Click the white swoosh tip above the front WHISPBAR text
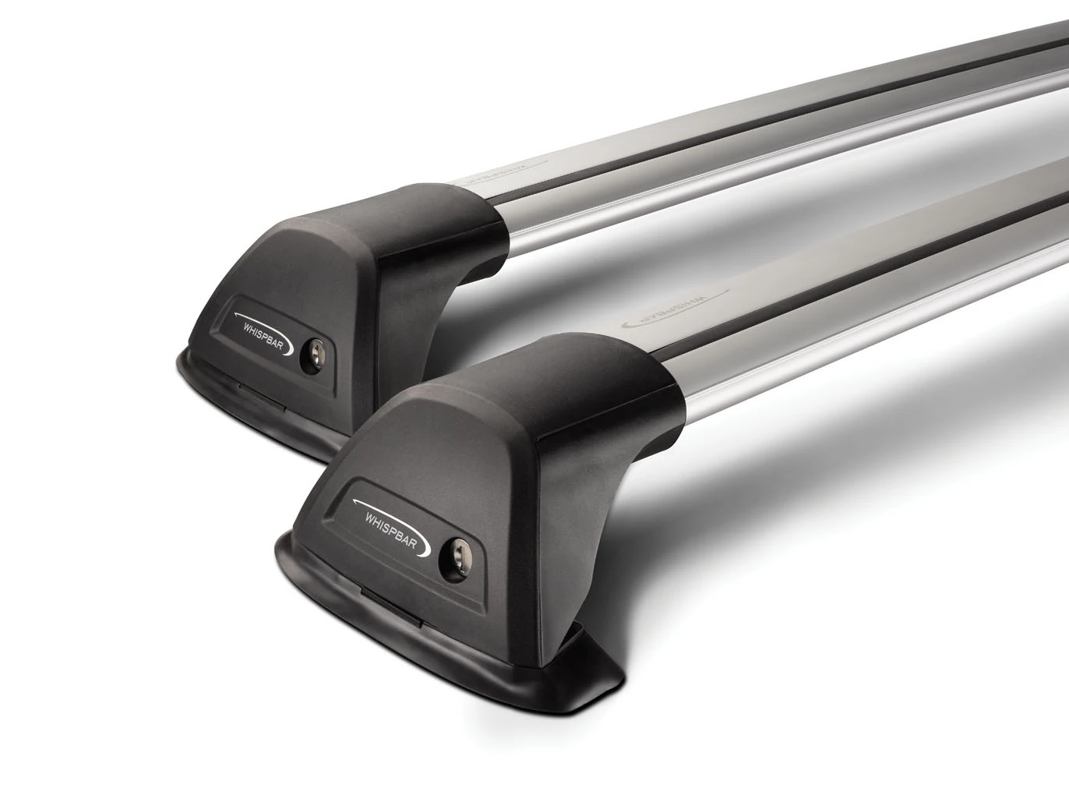(356, 503)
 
